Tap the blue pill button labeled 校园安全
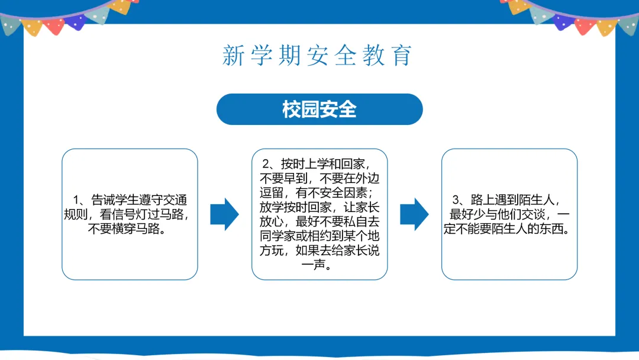click(x=319, y=110)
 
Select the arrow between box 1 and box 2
click(x=224, y=214)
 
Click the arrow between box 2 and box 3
click(x=414, y=214)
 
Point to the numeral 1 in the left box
click(x=76, y=200)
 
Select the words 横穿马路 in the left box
click(x=136, y=229)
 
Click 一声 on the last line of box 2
click(x=319, y=265)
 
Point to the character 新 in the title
click(x=233, y=55)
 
